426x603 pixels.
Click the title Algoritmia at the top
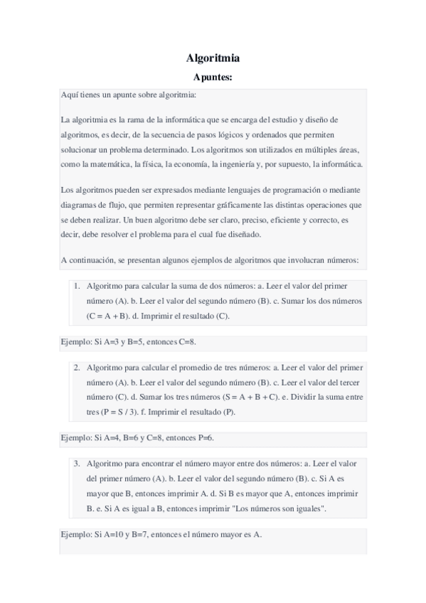(x=213, y=60)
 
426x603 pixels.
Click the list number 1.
(x=78, y=287)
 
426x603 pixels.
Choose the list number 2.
(x=78, y=368)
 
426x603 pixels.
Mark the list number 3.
(x=78, y=463)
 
